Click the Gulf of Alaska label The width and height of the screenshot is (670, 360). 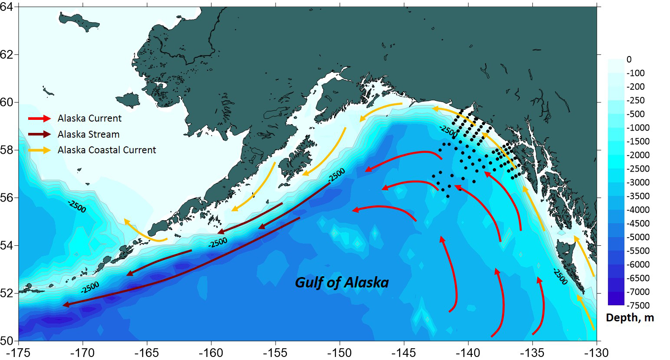(342, 283)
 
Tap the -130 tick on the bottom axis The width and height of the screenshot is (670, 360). (597, 351)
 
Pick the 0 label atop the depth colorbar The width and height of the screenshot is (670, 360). (629, 59)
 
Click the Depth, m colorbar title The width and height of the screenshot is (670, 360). (630, 318)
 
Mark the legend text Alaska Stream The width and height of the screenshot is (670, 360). (89, 134)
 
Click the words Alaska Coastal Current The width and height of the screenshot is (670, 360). (107, 150)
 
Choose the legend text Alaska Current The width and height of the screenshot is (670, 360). (90, 119)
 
